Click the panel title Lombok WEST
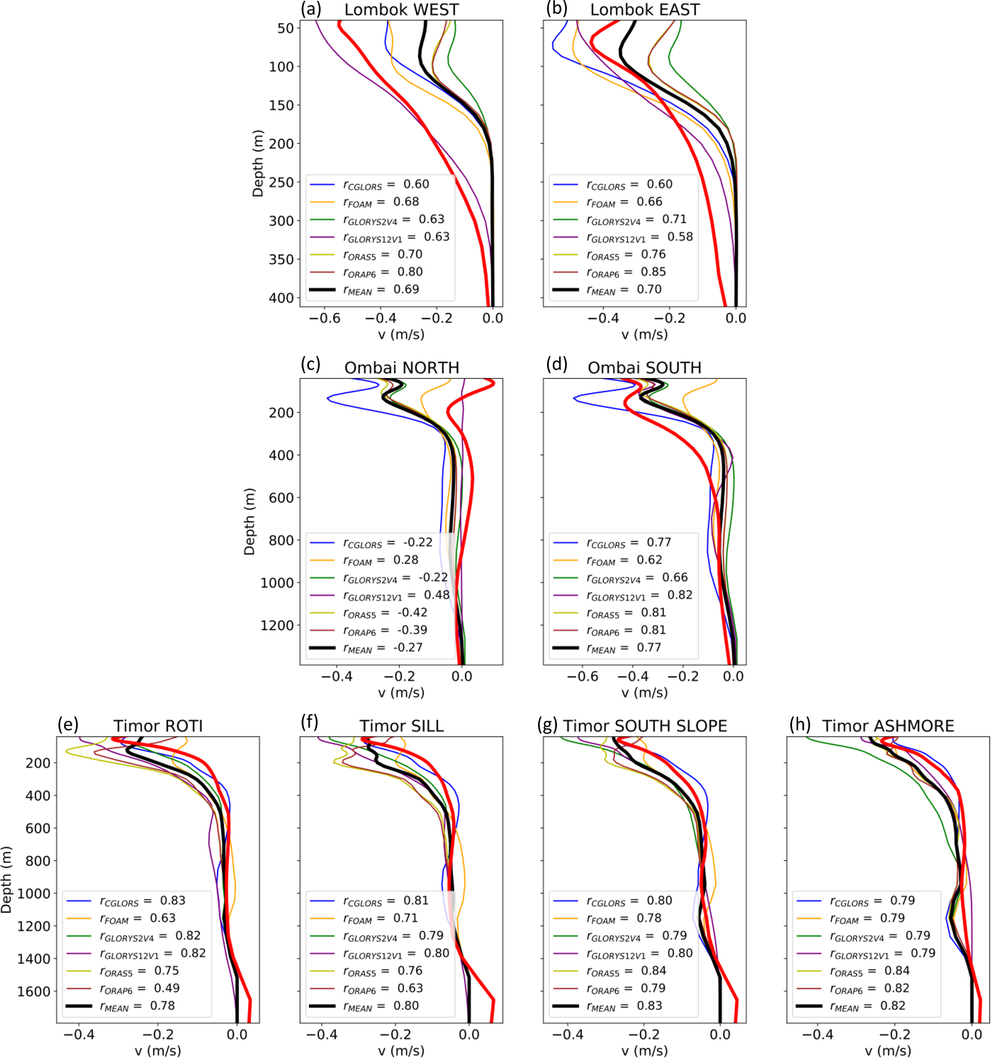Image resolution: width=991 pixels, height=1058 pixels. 401,10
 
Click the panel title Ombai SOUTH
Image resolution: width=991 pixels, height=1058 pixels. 644,368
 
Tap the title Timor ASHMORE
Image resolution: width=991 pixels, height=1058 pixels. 888,726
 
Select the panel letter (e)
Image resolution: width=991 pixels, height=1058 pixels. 68,724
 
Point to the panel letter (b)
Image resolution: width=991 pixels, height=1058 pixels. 557,9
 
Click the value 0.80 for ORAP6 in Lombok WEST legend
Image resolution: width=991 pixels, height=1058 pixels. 410,272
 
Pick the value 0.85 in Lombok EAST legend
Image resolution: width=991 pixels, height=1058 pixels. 653,272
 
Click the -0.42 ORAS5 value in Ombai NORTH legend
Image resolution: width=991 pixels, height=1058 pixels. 412,612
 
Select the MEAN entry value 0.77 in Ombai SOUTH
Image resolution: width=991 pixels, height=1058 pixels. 649,648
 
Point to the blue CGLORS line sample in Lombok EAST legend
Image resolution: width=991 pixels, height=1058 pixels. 566,184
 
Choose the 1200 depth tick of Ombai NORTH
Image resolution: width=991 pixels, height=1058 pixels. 277,625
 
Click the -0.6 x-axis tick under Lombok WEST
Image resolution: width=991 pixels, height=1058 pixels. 324,318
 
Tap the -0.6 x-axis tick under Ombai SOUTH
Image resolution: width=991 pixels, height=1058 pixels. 582,677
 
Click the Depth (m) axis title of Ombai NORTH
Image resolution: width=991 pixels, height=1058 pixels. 249,521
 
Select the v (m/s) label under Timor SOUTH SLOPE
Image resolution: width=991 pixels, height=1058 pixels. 644,1050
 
